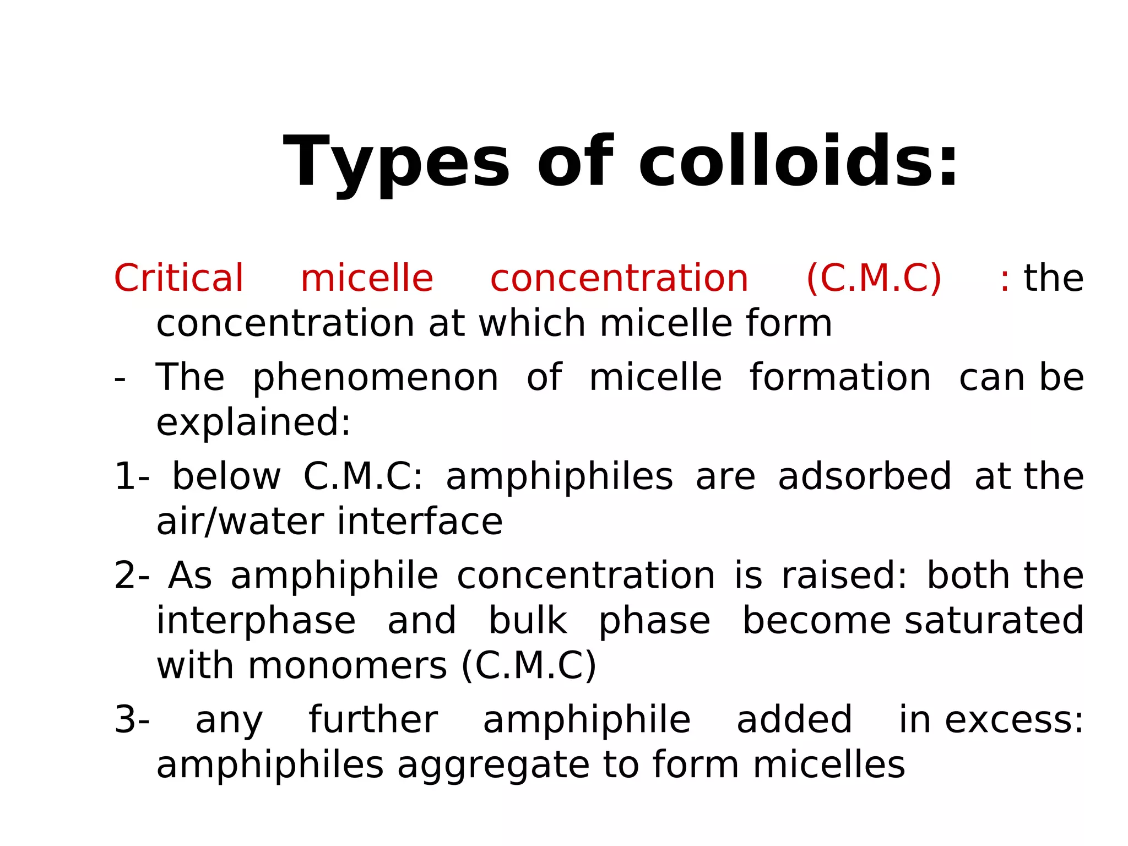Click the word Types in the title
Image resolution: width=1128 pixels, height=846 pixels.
[397, 163]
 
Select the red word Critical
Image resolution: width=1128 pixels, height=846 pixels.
[178, 278]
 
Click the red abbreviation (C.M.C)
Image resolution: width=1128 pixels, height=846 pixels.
[874, 278]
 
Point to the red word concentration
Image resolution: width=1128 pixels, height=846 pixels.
[619, 278]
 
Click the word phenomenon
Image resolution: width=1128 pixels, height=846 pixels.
[376, 378]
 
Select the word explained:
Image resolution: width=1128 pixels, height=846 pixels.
[253, 422]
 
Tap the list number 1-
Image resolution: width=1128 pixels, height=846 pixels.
[132, 476]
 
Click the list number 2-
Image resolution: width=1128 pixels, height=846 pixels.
[132, 576]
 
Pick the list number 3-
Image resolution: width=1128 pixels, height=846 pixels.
[132, 719]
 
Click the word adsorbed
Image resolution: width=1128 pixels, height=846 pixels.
[865, 476]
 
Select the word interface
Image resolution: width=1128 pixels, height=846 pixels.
[420, 522]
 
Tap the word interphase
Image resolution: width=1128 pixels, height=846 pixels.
[256, 621]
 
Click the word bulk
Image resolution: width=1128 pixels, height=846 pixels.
[528, 621]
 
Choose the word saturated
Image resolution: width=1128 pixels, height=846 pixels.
[994, 621]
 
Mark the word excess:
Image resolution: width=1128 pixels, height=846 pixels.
[1014, 719]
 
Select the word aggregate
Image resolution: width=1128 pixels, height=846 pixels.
[493, 766]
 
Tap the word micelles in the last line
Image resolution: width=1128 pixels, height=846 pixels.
[829, 766]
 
